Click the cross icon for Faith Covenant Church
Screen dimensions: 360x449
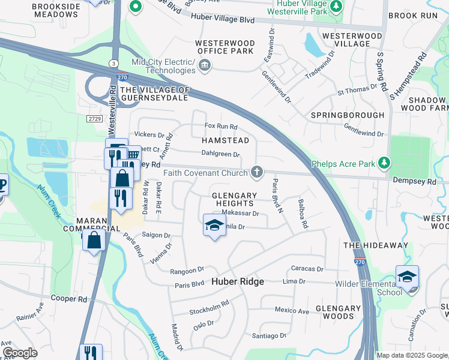coord(257,173)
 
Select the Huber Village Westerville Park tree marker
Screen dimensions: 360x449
coord(337,7)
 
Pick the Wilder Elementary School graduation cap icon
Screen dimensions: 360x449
coord(407,277)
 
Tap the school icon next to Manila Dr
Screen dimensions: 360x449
coord(214,226)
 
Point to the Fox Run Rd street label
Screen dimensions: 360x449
coord(221,127)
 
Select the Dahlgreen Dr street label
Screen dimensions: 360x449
coord(220,154)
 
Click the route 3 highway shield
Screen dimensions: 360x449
coord(113,63)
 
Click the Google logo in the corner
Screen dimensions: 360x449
coord(20,353)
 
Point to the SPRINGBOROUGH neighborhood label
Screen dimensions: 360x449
coord(347,115)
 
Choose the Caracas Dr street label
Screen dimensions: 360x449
coord(307,269)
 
